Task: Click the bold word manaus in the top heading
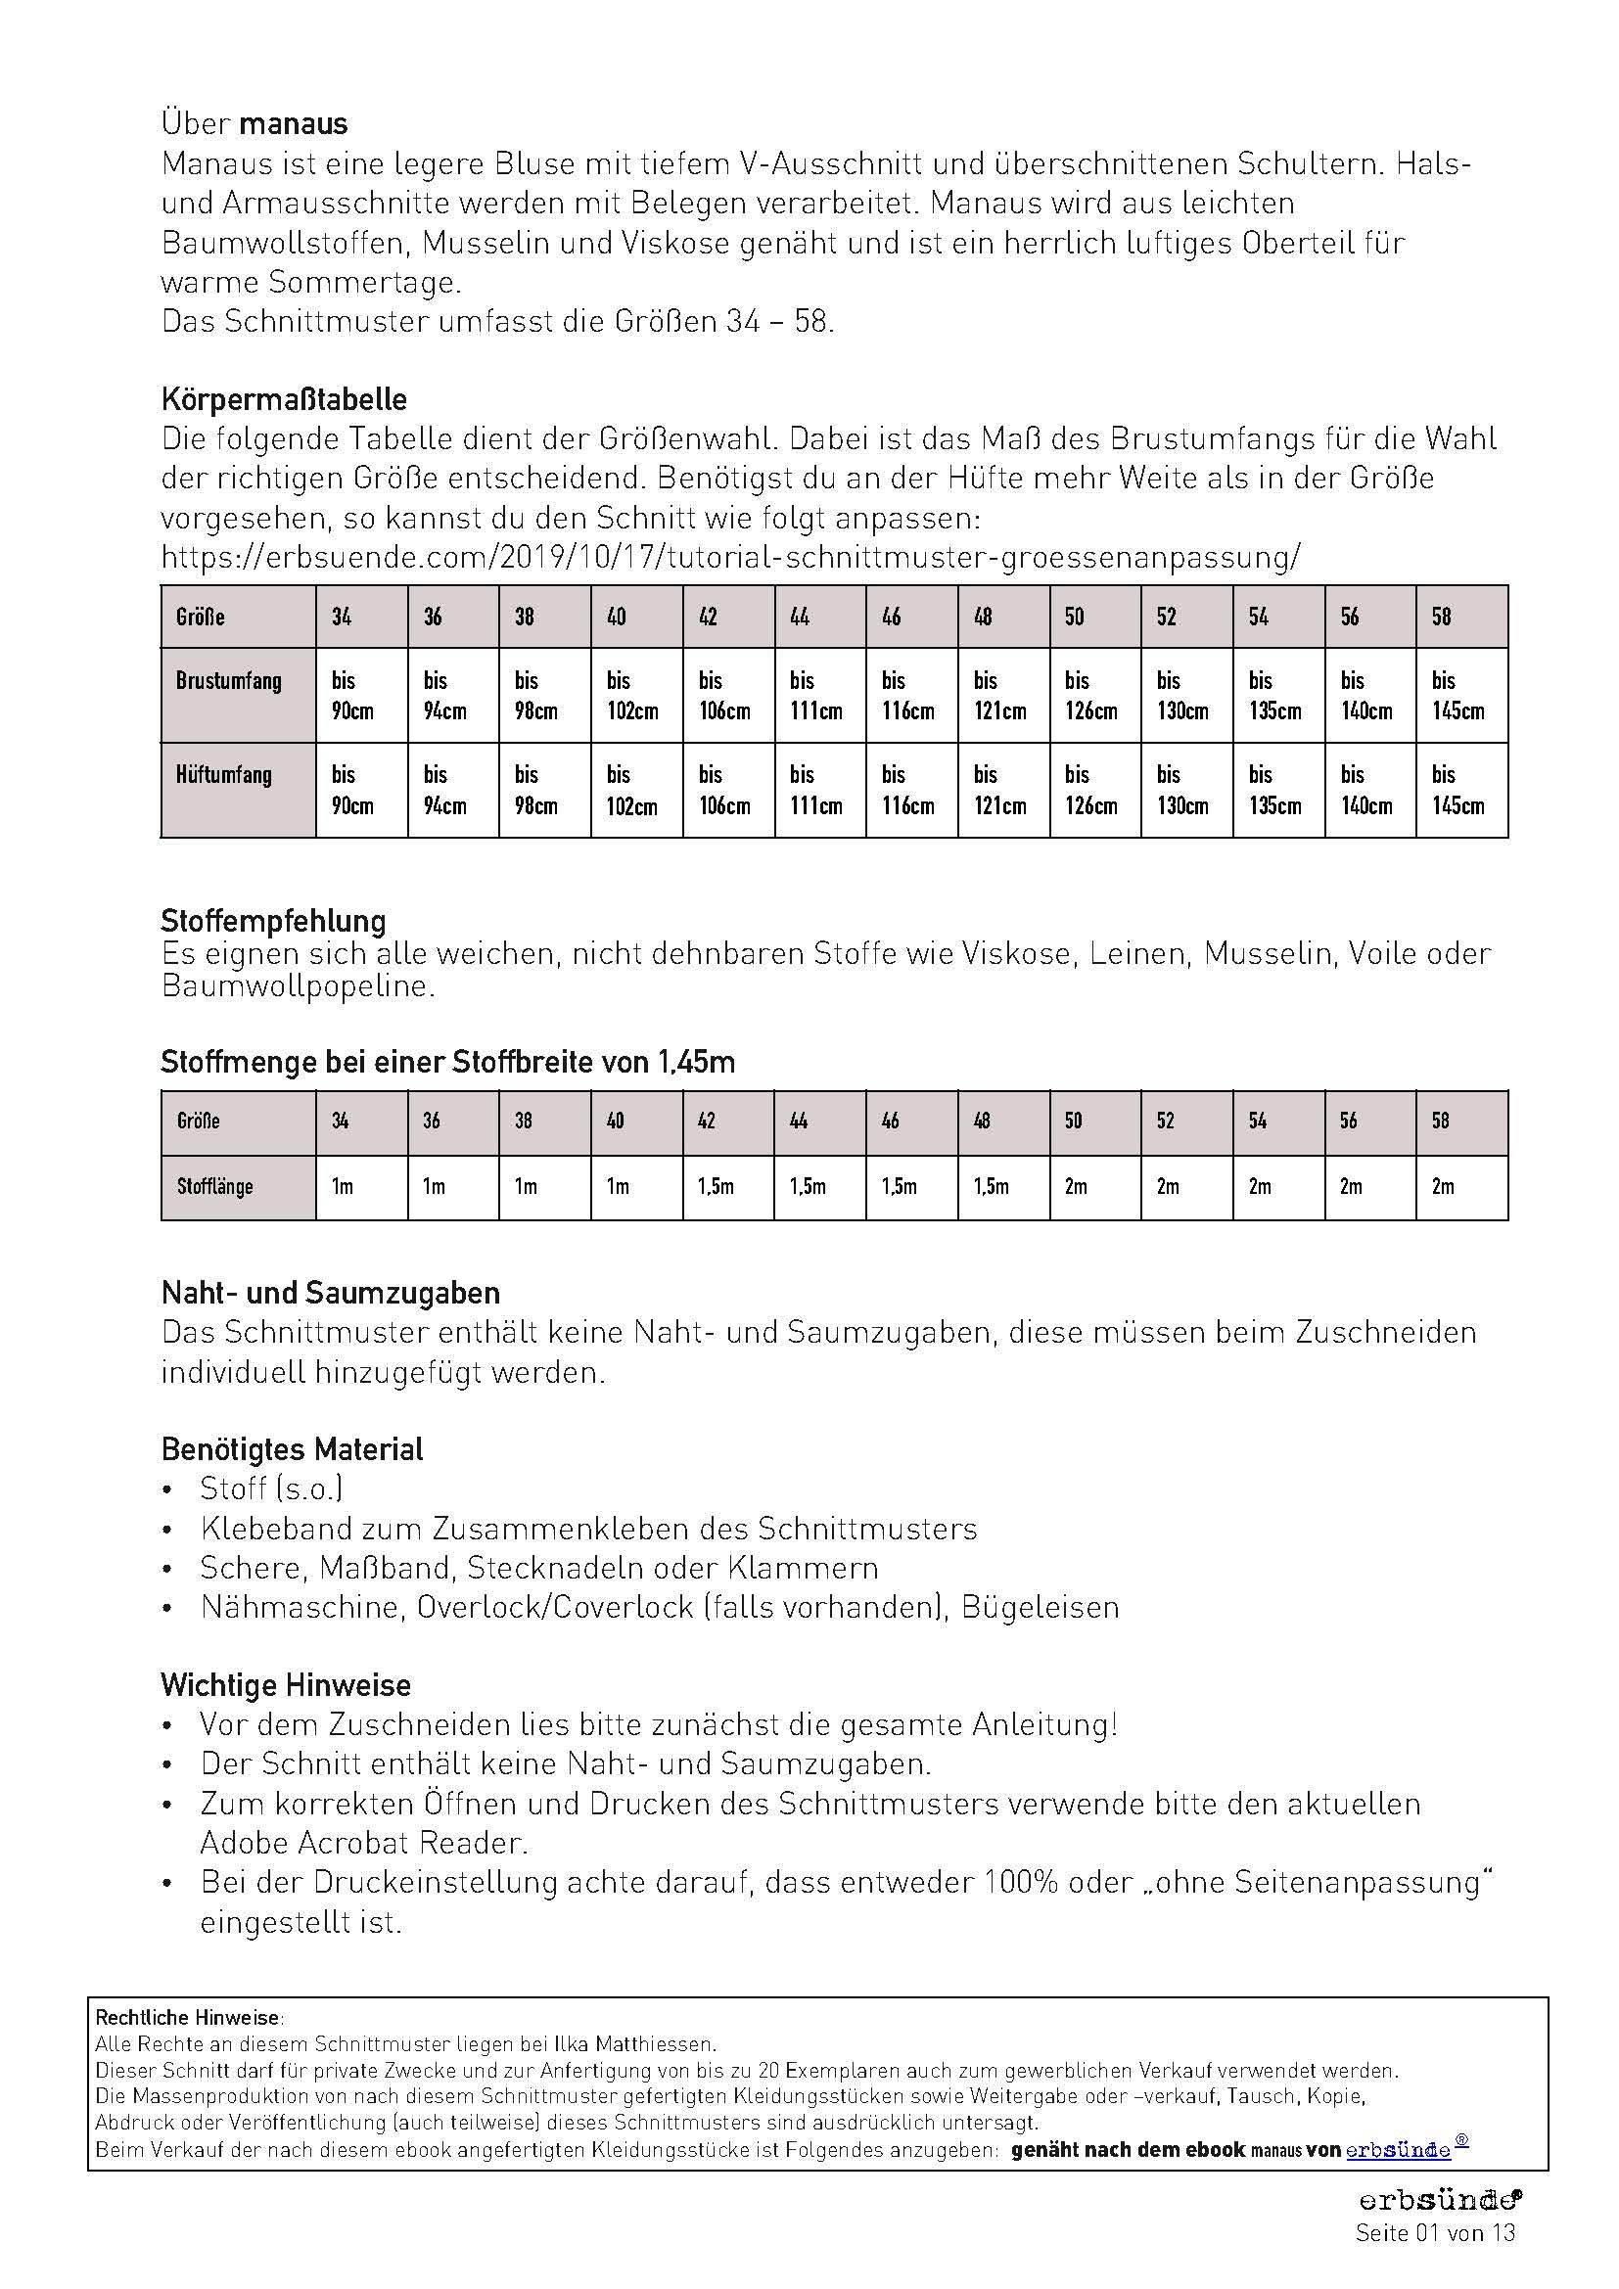[293, 123]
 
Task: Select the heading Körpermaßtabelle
[284, 400]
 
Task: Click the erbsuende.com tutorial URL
[731, 557]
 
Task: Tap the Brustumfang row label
[228, 682]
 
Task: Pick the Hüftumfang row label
[223, 775]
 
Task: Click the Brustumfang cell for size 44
[815, 696]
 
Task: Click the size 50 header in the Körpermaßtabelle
[1074, 618]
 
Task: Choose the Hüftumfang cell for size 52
[1182, 790]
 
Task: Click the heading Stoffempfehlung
[273, 920]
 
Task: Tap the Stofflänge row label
[215, 1186]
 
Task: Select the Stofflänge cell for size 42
[716, 1186]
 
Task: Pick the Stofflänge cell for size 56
[1351, 1186]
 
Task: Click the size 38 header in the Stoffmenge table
[524, 1121]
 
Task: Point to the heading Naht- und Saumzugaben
[331, 1293]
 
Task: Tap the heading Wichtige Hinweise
[286, 1685]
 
